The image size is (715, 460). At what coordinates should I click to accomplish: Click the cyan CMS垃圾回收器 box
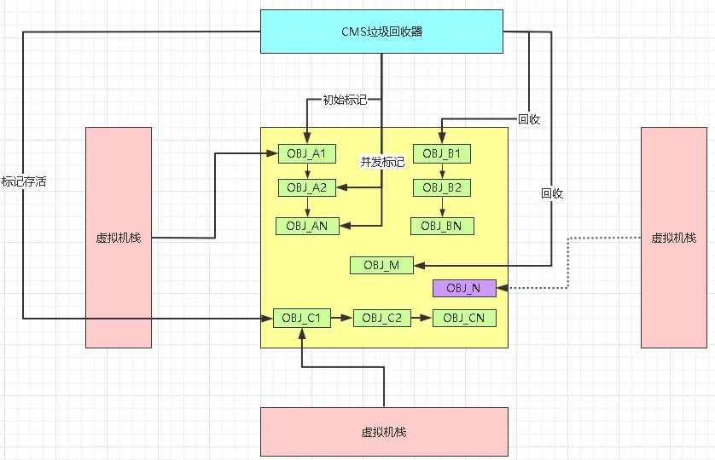tap(381, 32)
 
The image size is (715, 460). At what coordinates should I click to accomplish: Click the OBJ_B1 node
tap(442, 154)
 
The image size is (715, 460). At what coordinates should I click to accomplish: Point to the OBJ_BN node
tap(442, 226)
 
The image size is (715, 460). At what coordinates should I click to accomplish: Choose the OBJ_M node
tap(381, 265)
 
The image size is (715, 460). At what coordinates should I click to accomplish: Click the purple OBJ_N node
tap(463, 288)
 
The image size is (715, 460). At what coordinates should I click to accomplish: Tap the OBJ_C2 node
tap(381, 318)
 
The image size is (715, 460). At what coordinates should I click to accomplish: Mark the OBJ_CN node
tap(464, 318)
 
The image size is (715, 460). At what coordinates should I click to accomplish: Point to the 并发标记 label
tap(382, 162)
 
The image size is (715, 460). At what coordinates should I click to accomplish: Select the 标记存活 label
tap(23, 181)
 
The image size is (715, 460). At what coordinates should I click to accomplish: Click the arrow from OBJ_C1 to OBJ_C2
tap(340, 318)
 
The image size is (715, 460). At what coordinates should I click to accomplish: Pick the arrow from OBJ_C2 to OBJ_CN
tap(421, 318)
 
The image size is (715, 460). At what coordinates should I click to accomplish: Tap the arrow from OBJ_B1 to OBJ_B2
tap(442, 170)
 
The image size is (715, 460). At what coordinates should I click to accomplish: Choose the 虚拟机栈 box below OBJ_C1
tap(384, 432)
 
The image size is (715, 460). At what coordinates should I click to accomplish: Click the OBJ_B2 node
tap(442, 187)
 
